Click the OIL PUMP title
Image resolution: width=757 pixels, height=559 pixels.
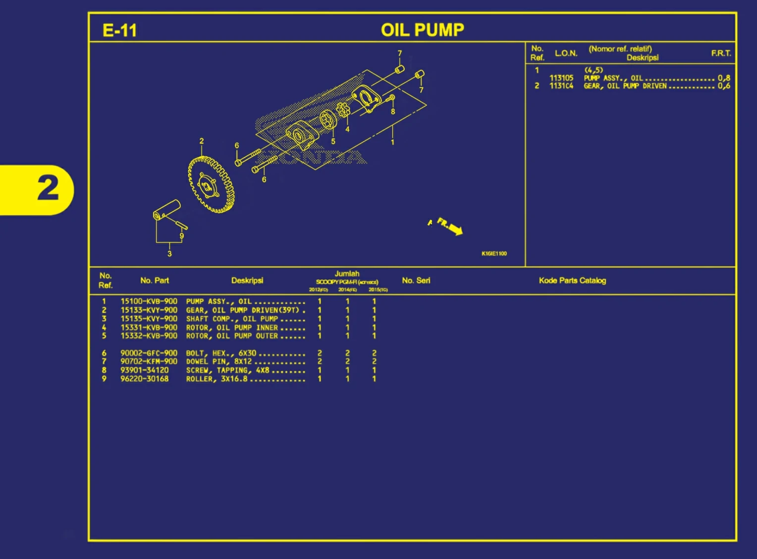click(422, 30)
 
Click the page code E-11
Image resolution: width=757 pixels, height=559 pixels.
click(119, 30)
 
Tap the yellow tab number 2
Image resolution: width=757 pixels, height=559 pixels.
click(48, 189)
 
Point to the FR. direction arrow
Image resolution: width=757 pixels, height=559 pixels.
click(450, 226)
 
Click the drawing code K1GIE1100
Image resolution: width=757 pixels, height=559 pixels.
click(494, 253)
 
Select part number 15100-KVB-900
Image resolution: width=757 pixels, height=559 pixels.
click(149, 301)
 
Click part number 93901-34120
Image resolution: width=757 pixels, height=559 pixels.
click(144, 370)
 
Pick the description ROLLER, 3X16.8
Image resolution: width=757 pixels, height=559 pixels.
click(216, 379)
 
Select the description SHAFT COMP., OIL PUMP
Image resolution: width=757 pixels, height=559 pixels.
click(232, 319)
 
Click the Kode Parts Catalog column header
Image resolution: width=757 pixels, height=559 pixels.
click(572, 281)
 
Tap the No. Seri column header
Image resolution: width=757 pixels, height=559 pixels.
click(416, 281)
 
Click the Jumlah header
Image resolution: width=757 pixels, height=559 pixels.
click(347, 274)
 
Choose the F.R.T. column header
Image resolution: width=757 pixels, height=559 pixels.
click(721, 53)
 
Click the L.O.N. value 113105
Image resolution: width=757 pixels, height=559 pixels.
click(561, 78)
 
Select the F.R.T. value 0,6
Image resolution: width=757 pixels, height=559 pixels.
click(724, 86)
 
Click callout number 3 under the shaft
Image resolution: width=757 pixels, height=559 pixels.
click(169, 253)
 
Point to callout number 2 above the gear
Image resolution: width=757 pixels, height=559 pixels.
click(202, 141)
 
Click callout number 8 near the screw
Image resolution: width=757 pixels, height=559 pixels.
click(393, 112)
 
